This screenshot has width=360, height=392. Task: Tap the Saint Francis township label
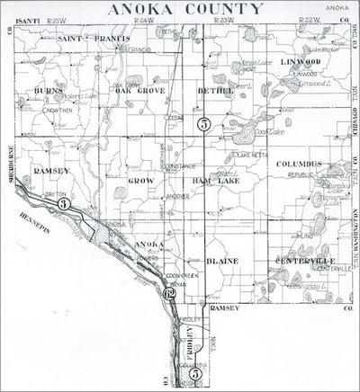point(89,40)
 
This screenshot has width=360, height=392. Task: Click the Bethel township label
point(215,91)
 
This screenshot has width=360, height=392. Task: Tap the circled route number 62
point(168,293)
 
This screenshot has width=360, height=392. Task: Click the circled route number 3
point(63,205)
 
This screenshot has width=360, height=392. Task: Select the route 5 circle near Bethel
point(205,124)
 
